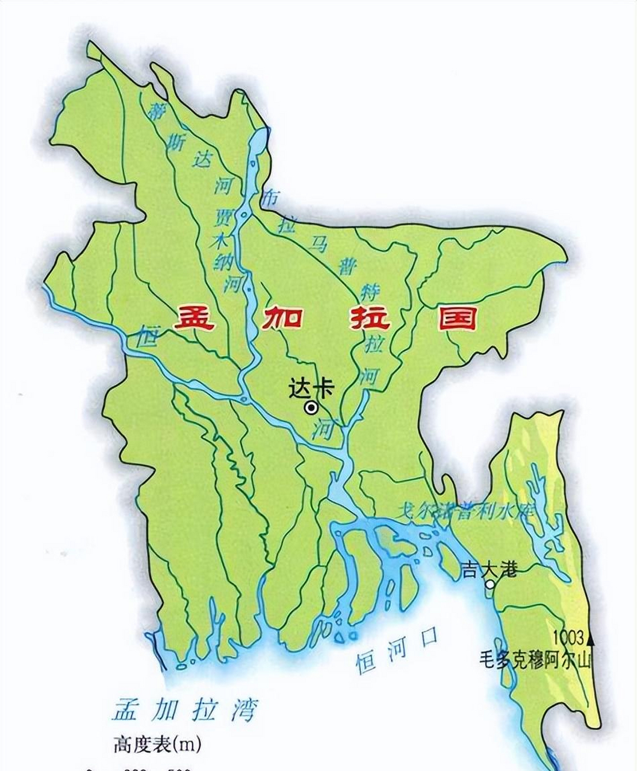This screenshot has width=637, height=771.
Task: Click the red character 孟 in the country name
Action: (x=193, y=318)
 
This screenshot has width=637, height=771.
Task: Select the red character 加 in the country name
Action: (x=281, y=318)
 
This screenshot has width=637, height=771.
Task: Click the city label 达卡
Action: (x=310, y=387)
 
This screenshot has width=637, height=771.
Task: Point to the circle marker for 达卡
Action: (x=311, y=408)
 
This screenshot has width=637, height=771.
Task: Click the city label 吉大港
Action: (x=489, y=569)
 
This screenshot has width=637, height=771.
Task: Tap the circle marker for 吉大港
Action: (x=491, y=584)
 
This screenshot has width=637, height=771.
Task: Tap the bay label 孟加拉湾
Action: (x=184, y=710)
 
